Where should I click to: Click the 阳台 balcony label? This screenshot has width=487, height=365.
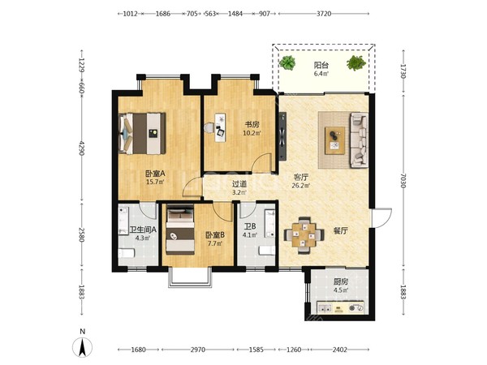(321, 65)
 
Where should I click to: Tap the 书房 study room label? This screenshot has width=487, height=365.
(252, 125)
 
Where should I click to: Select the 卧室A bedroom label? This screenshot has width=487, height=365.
(155, 174)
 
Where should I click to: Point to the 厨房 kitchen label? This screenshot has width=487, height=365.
(341, 281)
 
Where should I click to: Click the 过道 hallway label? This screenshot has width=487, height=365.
(239, 184)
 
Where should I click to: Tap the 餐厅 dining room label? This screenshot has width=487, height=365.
(341, 231)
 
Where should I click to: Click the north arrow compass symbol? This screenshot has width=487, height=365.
(82, 347)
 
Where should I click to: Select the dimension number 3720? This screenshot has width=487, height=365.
(323, 14)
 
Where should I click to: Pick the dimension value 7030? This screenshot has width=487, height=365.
(403, 180)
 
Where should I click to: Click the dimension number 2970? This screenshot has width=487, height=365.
(197, 350)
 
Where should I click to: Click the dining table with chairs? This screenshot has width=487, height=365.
(304, 235)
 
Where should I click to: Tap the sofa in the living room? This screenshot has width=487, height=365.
(359, 140)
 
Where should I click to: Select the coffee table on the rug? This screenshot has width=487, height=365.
(334, 140)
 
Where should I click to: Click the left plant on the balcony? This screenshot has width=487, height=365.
(287, 62)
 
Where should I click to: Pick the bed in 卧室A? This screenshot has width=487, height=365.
(142, 134)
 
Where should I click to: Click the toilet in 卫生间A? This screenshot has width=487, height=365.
(126, 253)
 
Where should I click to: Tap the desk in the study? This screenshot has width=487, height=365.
(221, 127)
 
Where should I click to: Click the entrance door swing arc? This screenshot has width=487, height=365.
(385, 214)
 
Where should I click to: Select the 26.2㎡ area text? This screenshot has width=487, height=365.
(300, 186)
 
